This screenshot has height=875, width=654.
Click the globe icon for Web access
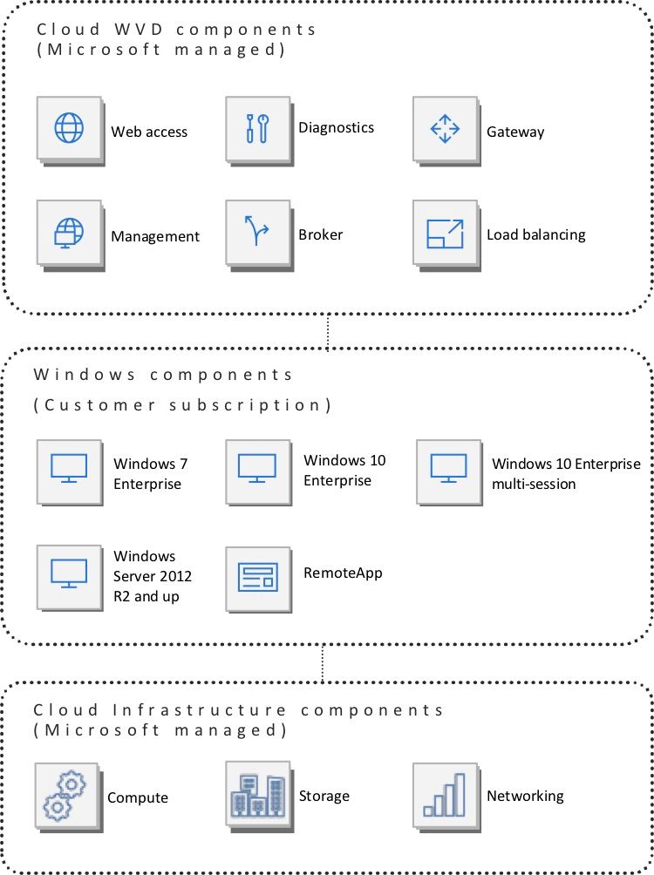(69, 128)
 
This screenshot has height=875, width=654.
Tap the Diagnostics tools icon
(257, 128)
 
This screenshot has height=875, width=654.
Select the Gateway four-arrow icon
(445, 129)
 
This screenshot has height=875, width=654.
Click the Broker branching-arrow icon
(256, 230)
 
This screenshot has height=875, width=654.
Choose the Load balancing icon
(445, 234)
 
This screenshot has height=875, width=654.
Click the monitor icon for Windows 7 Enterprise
(69, 468)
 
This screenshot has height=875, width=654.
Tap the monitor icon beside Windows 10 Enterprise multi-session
(448, 468)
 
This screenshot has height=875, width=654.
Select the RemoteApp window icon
(257, 577)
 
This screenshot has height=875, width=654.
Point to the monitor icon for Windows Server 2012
(69, 573)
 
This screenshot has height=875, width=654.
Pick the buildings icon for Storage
(258, 795)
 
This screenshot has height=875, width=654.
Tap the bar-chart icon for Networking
(445, 795)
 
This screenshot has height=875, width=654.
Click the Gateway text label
(515, 132)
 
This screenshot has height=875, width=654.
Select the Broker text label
(320, 234)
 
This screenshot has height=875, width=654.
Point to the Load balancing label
(536, 235)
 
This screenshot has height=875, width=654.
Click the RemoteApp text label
(343, 573)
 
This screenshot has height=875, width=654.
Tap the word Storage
(324, 797)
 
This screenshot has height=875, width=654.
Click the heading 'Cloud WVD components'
(176, 29)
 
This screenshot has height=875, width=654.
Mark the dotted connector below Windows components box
(323, 663)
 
